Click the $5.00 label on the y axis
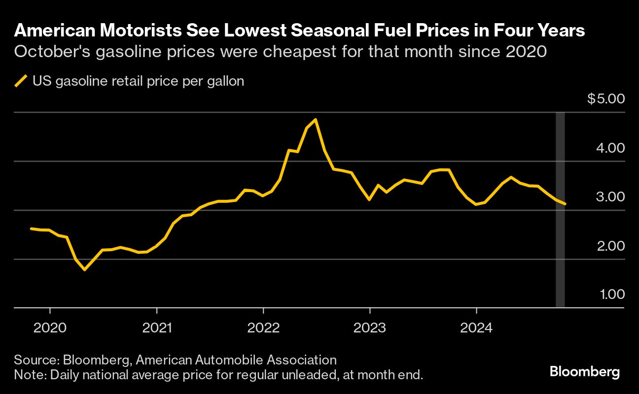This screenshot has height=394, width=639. [606, 99]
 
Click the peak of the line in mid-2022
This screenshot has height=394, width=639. [315, 120]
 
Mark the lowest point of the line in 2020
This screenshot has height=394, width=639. [85, 269]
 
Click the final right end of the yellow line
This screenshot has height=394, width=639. [565, 204]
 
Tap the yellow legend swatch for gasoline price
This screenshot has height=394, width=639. [21, 81]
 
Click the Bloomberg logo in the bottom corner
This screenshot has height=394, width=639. [584, 372]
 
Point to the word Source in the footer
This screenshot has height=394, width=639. [31, 360]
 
